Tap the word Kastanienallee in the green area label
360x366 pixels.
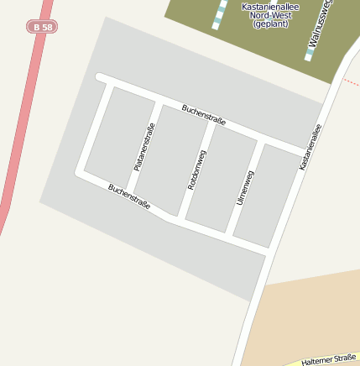coord(270,7)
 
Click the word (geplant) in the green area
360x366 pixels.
coord(270,24)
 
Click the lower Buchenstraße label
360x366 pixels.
coord(129,196)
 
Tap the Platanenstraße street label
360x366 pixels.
coord(144,147)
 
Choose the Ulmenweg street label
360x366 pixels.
coord(245,188)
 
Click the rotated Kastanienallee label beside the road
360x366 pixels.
coord(310,147)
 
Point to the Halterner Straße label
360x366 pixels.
coord(330,358)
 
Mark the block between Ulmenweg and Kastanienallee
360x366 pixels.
coord(265,197)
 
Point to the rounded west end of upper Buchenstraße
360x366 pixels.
coord(100,77)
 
